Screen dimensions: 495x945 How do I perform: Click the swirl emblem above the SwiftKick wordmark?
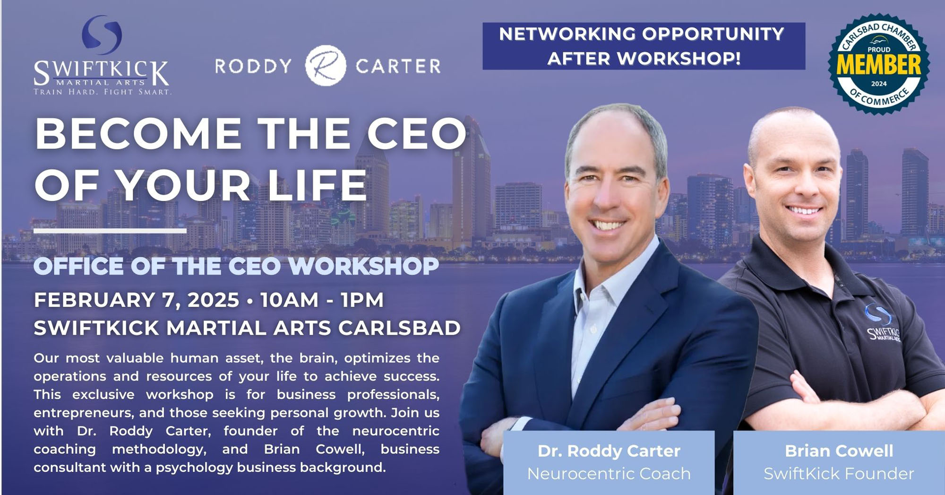pyautogui.click(x=102, y=35)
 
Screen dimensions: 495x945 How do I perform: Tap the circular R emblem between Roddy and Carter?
pyautogui.click(x=326, y=66)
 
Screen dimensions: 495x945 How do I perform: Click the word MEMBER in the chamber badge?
pyautogui.click(x=878, y=66)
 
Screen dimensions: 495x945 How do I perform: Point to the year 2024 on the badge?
pyautogui.click(x=879, y=84)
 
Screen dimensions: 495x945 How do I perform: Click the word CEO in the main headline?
pyautogui.click(x=417, y=133)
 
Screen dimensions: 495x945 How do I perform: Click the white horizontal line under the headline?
pyautogui.click(x=110, y=231)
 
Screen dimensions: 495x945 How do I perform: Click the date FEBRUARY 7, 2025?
pyautogui.click(x=136, y=300)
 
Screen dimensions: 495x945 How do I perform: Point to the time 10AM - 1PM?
pyautogui.click(x=322, y=300)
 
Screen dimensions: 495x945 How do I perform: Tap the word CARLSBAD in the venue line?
pyautogui.click(x=399, y=328)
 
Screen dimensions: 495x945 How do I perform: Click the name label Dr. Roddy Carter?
pyautogui.click(x=609, y=451)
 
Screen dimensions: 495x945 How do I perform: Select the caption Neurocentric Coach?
pyautogui.click(x=609, y=473)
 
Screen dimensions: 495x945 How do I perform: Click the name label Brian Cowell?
pyautogui.click(x=839, y=451)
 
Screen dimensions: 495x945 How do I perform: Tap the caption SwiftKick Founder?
pyautogui.click(x=839, y=473)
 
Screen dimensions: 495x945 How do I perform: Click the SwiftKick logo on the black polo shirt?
pyautogui.click(x=882, y=326)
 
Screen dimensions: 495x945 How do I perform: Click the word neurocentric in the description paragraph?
pyautogui.click(x=395, y=431)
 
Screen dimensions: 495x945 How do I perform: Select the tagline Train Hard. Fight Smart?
pyautogui.click(x=102, y=92)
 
